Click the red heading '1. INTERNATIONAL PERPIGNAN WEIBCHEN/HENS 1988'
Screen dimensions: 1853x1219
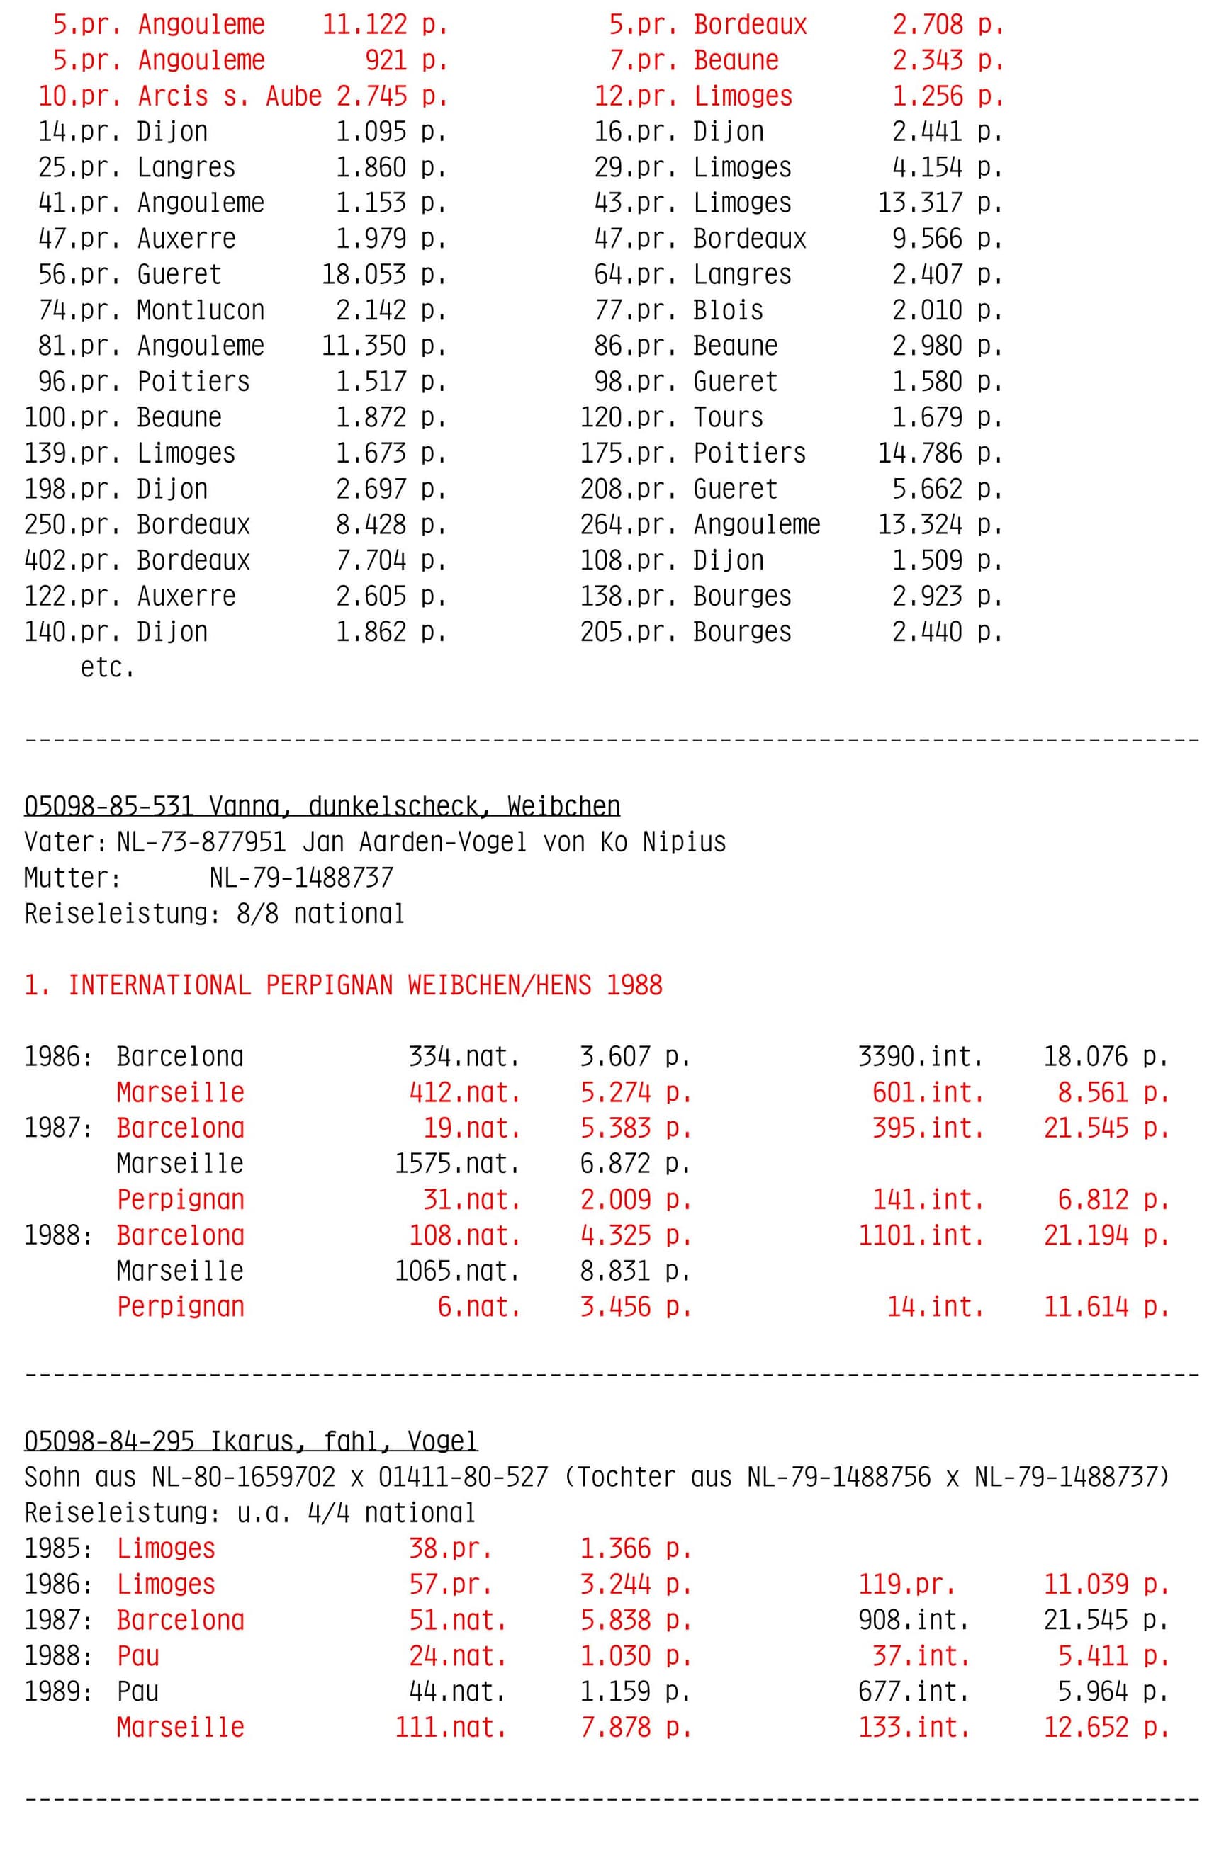[343, 985]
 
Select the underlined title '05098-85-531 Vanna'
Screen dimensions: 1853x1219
[322, 806]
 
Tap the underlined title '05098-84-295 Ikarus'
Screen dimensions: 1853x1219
[250, 1441]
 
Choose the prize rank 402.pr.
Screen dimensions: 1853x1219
[72, 560]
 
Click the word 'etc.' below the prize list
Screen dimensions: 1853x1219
[108, 667]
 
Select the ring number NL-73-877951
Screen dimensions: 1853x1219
[201, 841]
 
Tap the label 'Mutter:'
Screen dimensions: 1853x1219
[72, 878]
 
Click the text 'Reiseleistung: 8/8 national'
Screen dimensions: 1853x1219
[214, 913]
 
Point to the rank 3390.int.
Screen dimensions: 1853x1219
[920, 1057]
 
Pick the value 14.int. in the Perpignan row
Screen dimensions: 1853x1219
[935, 1306]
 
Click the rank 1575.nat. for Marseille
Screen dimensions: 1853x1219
[456, 1163]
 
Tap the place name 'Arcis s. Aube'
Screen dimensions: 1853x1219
[229, 96]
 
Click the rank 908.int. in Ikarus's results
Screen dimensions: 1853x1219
[913, 1620]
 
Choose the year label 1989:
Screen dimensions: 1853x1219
[58, 1691]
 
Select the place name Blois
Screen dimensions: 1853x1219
[728, 310]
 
